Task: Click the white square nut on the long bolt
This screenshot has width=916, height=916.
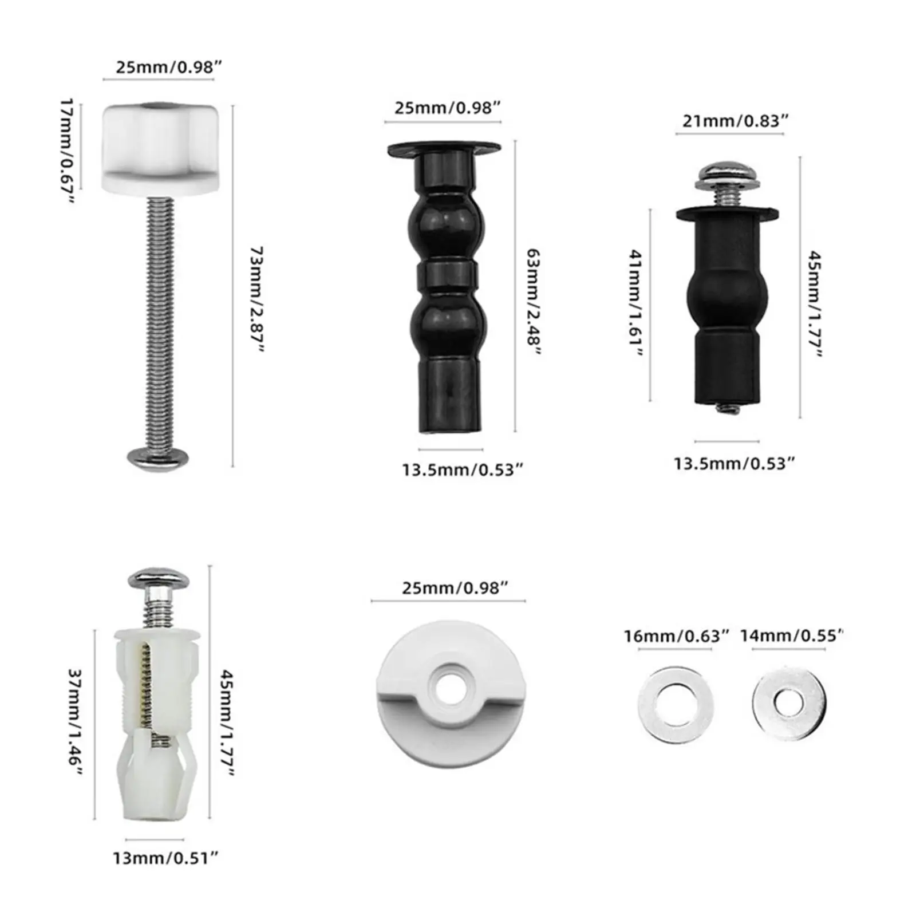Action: pos(159,149)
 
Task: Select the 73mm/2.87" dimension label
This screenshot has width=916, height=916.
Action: pos(258,300)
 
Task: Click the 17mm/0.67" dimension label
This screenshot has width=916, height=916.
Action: pos(68,151)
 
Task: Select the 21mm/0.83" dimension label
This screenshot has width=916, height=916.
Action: pos(736,121)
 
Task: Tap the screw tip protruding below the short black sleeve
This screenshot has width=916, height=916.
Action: pos(726,408)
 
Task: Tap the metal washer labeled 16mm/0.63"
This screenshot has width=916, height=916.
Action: pos(676,703)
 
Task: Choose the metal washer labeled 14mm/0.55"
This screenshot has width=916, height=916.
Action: pos(789,703)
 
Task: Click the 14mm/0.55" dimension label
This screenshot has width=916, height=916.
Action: pos(792,636)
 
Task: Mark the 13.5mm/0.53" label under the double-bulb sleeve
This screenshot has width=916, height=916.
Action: pos(462,470)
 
